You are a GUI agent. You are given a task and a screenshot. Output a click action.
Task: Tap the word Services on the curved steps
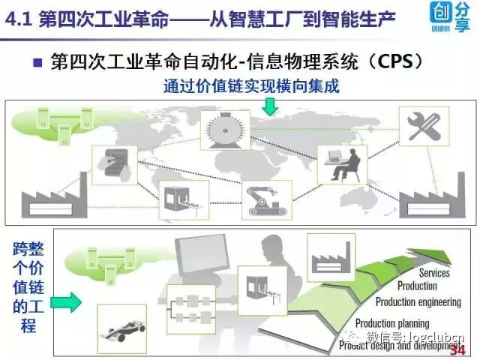coord(434,273)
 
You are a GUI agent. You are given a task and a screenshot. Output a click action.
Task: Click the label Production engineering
coord(418,302)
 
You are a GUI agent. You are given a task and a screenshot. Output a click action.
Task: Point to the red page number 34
coord(456,350)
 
